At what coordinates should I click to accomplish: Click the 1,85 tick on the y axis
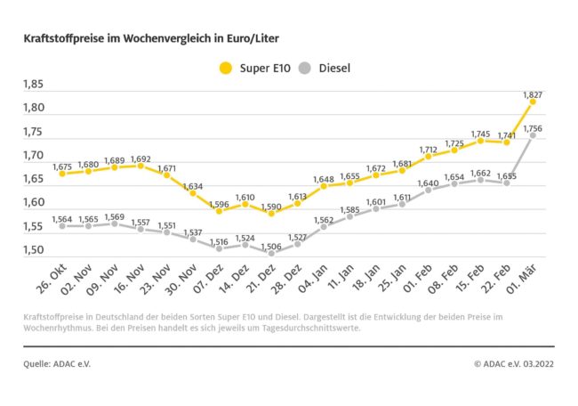(x=32, y=85)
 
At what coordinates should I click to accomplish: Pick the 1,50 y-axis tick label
(x=32, y=250)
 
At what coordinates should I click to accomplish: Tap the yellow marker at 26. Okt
(x=61, y=175)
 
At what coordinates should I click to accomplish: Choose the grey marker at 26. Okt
(x=61, y=226)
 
